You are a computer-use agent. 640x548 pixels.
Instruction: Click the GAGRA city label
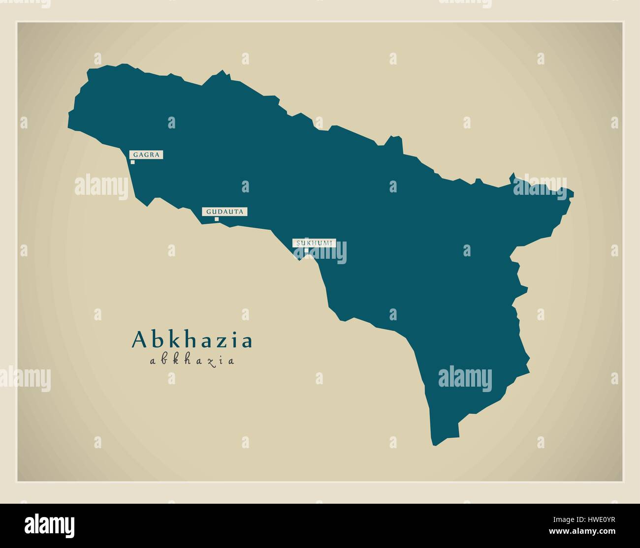146,155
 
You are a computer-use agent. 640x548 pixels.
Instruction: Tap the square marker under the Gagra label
132,162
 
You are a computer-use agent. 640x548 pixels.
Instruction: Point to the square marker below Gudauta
216,219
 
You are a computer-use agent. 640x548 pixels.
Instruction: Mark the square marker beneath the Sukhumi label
306,250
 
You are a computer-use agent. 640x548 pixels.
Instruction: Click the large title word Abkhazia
192,340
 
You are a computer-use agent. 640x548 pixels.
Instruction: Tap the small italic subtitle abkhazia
192,361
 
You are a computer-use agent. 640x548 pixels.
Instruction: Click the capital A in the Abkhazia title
139,340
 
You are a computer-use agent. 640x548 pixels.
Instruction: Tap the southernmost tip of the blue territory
434,445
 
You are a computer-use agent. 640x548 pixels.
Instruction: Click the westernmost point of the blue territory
68,126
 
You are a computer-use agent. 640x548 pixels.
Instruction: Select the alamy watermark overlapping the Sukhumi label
320,252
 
